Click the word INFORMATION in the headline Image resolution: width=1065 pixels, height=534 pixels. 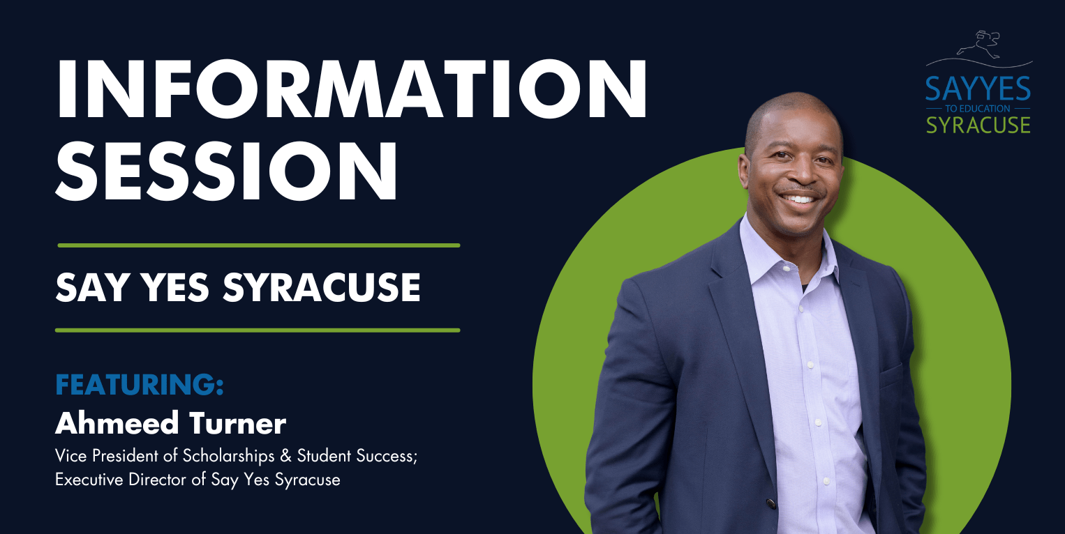[x=352, y=89]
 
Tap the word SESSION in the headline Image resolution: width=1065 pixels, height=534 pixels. [x=226, y=170]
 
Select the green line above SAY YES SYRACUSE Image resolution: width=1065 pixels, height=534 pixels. [x=259, y=245]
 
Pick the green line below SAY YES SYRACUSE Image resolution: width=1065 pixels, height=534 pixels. [x=258, y=330]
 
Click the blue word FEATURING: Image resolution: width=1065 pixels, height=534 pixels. [x=140, y=385]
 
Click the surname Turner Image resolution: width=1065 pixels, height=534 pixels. [x=238, y=423]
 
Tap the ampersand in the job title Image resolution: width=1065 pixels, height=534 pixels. [x=285, y=456]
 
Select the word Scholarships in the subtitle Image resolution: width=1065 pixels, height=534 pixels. [x=229, y=456]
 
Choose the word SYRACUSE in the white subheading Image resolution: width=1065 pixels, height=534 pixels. [x=322, y=287]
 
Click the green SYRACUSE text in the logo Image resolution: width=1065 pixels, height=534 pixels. [x=978, y=125]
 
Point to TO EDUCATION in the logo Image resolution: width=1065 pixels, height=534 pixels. [x=978, y=109]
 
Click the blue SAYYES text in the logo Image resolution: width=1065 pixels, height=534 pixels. [x=978, y=89]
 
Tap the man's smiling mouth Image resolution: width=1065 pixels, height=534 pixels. [x=800, y=198]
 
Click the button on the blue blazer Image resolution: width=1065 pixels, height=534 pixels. [x=770, y=503]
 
